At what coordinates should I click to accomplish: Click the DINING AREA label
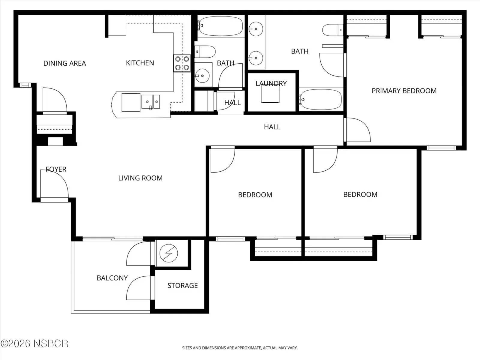coord(64,63)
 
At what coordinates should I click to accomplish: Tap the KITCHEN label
coord(140,63)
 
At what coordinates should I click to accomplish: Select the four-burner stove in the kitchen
coord(182,63)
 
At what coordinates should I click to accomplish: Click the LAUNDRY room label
coord(271,83)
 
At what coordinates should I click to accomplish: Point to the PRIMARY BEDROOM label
coord(404,91)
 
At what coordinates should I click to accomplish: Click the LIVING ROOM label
coord(140,178)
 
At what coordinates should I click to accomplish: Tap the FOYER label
coord(56,169)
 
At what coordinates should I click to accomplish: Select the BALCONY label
coord(112,278)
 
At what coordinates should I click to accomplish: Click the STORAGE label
coord(183,286)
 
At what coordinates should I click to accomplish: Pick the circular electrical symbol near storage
coord(169,253)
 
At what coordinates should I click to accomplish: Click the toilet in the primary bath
coord(332,30)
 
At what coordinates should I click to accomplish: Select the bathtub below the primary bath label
coord(321,100)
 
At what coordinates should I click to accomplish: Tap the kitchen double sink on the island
coord(151,102)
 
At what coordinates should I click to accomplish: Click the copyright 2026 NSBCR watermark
coord(34,343)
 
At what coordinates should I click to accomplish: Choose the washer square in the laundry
coord(270,94)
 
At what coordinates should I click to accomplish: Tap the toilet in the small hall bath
coord(205,52)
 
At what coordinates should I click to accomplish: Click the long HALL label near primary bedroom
coord(272,127)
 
